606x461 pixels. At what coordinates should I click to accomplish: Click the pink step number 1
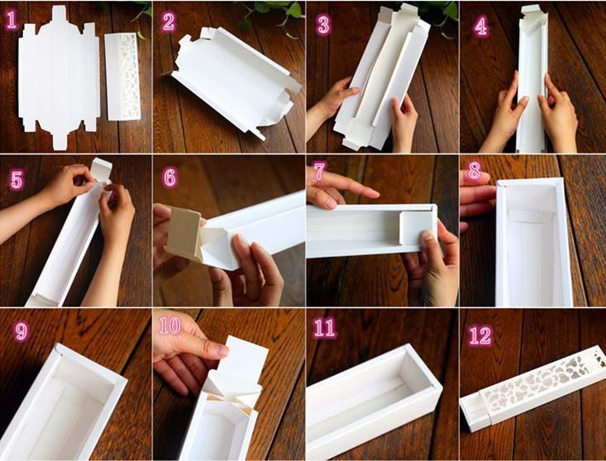[12, 20]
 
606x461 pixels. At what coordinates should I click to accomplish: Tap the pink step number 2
[169, 21]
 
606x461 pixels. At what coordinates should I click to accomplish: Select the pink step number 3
[323, 25]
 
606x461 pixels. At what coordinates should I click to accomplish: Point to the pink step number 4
[481, 26]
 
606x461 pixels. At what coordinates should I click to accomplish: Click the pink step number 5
[17, 180]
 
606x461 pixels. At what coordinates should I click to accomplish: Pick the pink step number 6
[170, 178]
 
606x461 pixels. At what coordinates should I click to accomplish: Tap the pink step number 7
[319, 172]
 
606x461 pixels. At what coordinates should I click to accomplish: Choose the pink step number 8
[475, 171]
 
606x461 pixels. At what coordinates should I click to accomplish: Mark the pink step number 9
[21, 331]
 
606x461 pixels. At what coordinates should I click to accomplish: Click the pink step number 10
[170, 326]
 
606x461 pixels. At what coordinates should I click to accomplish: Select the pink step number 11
[325, 328]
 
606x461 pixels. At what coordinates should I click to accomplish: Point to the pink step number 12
[480, 335]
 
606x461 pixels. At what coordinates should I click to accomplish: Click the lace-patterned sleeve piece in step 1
[122, 77]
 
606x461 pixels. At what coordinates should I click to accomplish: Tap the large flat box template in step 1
[59, 77]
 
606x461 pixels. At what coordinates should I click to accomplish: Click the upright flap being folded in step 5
[101, 169]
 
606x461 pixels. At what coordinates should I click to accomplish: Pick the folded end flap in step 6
[184, 234]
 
